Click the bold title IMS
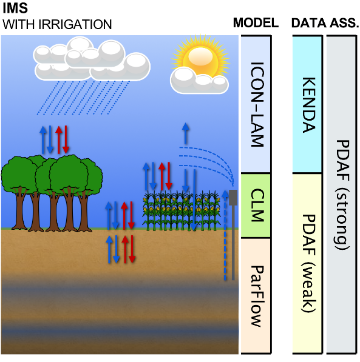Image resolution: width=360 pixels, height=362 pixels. click(15, 8)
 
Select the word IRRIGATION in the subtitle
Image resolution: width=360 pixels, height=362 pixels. click(75, 24)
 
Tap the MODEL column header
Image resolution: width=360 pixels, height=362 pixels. click(256, 23)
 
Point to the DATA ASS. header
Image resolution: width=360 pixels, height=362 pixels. click(325, 23)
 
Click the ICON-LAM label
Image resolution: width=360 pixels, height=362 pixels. click(257, 104)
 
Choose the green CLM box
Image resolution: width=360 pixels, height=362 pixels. click(256, 206)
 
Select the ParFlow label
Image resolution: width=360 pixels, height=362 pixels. click(257, 296)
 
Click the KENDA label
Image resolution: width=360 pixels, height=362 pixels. click(309, 105)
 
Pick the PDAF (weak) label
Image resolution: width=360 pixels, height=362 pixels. click(309, 263)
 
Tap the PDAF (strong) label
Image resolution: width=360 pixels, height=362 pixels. click(342, 195)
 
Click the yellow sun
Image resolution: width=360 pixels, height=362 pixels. click(201, 57)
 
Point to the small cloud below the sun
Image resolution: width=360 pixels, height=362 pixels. click(199, 80)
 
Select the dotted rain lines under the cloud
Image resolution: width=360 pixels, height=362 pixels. click(83, 98)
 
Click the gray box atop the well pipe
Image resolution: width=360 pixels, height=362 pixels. click(233, 198)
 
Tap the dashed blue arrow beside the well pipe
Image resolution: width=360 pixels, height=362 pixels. click(225, 235)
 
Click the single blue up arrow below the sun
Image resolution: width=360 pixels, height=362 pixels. click(185, 133)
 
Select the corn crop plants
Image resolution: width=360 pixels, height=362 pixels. click(181, 211)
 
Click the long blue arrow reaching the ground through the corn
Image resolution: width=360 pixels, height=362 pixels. click(194, 200)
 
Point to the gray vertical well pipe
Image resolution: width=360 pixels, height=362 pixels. click(233, 243)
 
